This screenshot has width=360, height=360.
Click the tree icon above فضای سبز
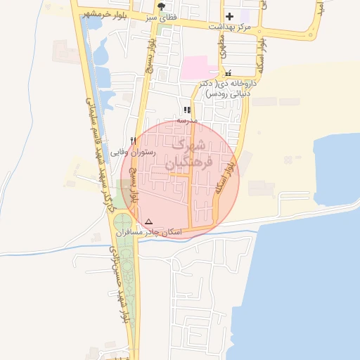click(162, 6)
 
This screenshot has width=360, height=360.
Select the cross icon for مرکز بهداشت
click(229, 16)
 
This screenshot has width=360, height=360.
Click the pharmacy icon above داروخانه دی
click(228, 73)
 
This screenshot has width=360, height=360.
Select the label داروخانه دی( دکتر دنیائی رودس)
click(228, 88)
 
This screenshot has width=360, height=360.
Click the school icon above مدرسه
click(186, 110)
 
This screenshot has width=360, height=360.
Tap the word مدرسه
click(187, 120)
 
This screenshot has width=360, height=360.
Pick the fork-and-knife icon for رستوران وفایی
click(133, 140)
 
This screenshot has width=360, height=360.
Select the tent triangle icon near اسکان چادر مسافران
click(148, 221)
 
